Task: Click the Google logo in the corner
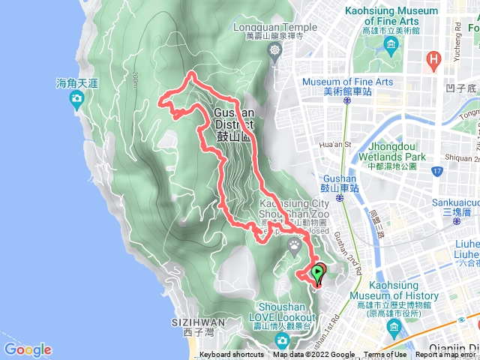pyautogui.click(x=28, y=349)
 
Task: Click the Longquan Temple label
pyautogui.click(x=275, y=28)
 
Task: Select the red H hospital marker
pyautogui.click(x=433, y=58)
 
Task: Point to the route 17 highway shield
pyautogui.click(x=437, y=172)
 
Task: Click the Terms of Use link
pyautogui.click(x=385, y=355)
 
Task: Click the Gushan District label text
pyautogui.click(x=234, y=119)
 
